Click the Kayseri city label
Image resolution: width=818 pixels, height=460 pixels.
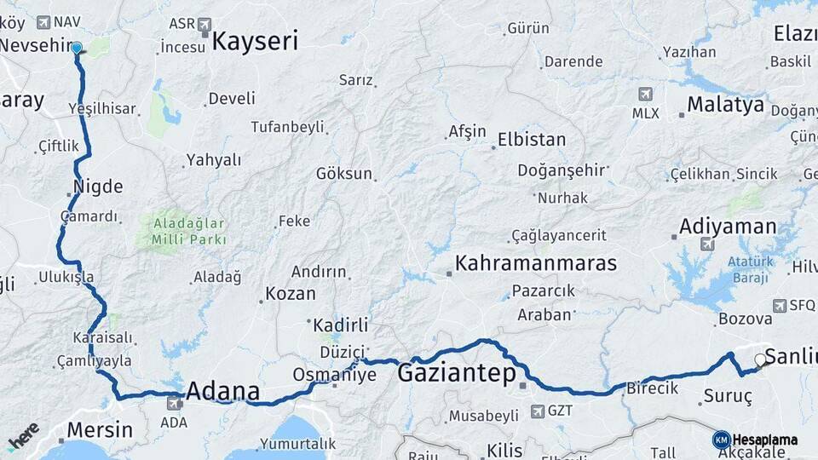coord(255,42)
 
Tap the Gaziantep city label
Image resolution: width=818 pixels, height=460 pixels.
coord(457,373)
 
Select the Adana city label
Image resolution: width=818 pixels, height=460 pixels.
coord(222,392)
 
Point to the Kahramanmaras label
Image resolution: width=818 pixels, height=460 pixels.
coord(536,263)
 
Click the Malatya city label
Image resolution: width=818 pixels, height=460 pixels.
coord(725,105)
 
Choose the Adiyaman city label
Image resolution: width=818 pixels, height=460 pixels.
coord(728,227)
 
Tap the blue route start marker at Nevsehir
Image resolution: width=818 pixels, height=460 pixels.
coord(77,49)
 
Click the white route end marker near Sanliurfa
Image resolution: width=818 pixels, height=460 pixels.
coord(760,360)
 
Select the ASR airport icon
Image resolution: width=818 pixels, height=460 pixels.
coord(204,25)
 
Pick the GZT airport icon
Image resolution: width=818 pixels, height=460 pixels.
coord(538,411)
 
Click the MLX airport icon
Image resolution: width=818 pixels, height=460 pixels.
coord(645,95)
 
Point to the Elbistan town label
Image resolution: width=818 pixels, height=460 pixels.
coord(531,139)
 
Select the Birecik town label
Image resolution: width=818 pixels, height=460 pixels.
coord(652,388)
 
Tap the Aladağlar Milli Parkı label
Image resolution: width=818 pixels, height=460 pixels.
coord(189,232)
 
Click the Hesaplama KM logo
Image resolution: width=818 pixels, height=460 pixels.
coord(756,440)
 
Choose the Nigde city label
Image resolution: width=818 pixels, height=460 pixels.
coord(98,187)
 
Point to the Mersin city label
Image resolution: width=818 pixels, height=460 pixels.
coord(99,429)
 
